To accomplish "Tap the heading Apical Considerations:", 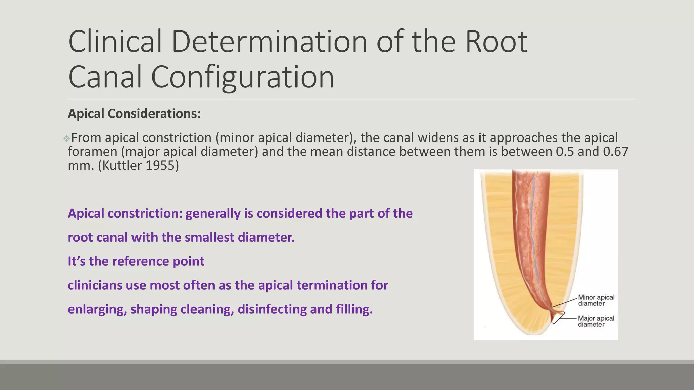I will (x=134, y=114).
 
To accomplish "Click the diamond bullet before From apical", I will (x=66, y=138).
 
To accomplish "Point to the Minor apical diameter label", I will (x=596, y=300).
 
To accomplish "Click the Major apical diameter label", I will (x=596, y=321).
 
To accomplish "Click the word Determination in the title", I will (x=269, y=42).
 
